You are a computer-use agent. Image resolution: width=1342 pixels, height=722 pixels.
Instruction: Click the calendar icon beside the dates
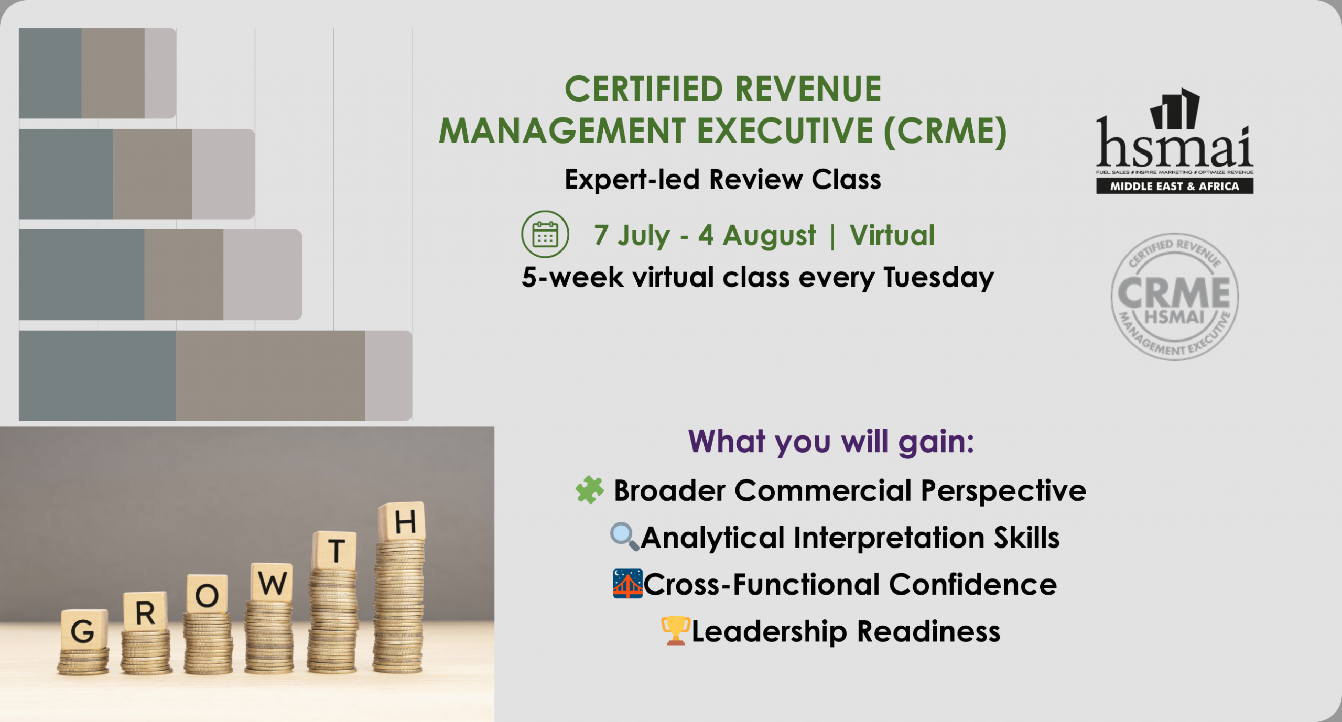[545, 234]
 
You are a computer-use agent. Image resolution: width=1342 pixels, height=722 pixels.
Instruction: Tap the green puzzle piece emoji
[590, 490]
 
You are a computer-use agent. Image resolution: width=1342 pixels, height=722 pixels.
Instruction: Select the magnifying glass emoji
[624, 537]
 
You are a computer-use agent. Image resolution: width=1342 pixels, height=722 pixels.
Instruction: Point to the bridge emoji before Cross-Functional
[627, 584]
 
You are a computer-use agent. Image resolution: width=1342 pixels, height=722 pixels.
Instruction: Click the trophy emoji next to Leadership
[675, 630]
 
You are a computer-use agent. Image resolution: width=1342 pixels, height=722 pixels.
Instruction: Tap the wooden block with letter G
[84, 629]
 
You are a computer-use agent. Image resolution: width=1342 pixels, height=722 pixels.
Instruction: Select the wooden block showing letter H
[402, 521]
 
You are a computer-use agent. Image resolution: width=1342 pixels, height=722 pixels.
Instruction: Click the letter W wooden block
[272, 582]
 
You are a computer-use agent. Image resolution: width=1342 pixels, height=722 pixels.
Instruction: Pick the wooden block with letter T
[334, 550]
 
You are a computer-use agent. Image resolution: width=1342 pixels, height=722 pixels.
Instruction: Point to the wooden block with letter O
[207, 594]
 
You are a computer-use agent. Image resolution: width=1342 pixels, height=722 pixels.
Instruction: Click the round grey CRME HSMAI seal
[1175, 297]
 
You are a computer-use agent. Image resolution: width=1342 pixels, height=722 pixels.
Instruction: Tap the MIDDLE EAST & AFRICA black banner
[1175, 186]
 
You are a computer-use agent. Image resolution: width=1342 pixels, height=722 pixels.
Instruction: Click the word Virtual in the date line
[892, 235]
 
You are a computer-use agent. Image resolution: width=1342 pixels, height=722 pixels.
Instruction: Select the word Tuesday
[938, 278]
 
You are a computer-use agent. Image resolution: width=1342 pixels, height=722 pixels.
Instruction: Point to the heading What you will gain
[831, 442]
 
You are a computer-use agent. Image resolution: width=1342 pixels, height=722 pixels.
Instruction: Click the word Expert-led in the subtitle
[632, 180]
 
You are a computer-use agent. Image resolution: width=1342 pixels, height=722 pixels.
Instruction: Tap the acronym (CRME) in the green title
[945, 131]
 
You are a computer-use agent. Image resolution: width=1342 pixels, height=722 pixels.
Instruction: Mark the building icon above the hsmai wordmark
[1175, 108]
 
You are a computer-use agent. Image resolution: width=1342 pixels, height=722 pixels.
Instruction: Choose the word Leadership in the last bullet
[770, 631]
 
